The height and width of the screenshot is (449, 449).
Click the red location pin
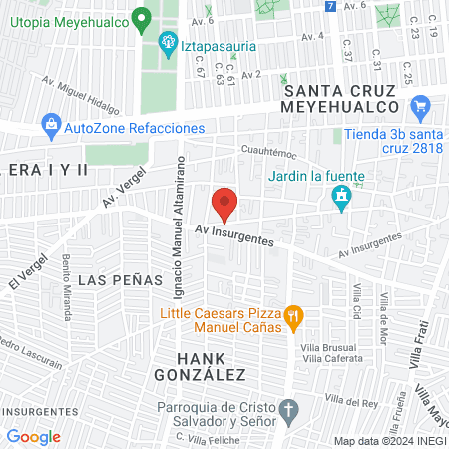[225, 203]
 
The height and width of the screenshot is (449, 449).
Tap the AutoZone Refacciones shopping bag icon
[50, 126]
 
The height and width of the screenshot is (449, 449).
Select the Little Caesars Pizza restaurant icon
[292, 317]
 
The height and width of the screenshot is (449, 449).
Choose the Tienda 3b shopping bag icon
[420, 105]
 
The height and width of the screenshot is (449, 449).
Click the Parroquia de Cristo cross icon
[288, 410]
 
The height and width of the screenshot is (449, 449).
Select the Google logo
[33, 436]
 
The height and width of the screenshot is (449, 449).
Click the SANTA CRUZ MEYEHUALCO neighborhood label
[355, 100]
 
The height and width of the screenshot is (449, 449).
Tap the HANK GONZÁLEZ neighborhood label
[199, 366]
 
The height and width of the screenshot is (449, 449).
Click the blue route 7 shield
[330, 6]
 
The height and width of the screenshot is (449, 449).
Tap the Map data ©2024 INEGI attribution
[388, 441]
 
